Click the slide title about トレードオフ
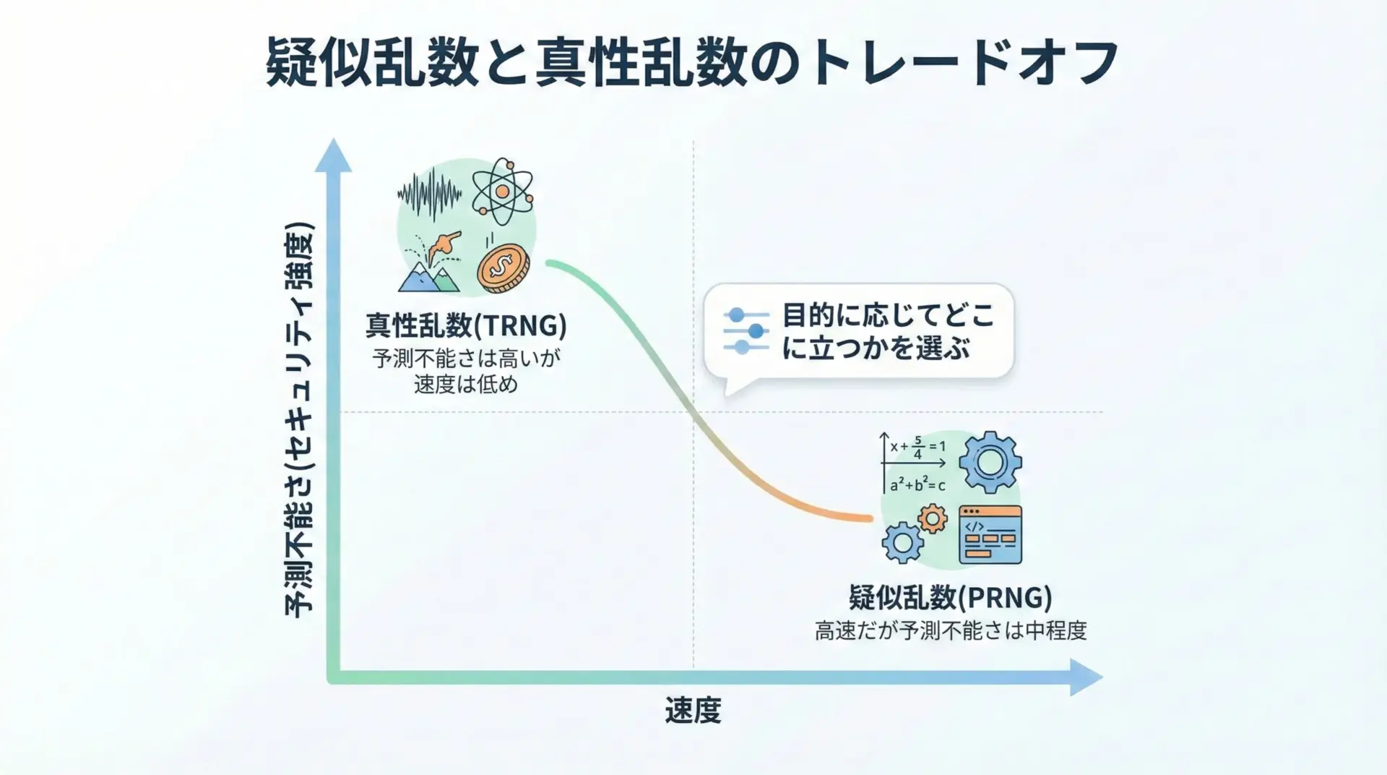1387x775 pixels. (692, 64)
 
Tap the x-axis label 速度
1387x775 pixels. (693, 711)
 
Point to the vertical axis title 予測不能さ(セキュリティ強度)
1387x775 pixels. (298, 419)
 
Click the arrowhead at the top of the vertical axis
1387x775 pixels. (333, 155)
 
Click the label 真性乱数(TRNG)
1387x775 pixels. (466, 326)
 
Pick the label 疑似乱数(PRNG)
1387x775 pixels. (950, 598)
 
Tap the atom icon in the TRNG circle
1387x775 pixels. (502, 191)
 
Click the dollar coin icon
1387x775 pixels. (503, 267)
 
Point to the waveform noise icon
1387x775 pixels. (430, 193)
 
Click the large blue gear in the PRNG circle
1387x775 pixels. (990, 462)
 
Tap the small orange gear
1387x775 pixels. (933, 518)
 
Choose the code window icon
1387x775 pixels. (990, 535)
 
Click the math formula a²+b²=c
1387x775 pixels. (917, 484)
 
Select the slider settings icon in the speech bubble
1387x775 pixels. (746, 331)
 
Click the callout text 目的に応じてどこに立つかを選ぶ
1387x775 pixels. (888, 332)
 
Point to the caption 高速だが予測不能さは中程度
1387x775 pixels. (950, 631)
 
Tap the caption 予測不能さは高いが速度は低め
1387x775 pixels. (466, 371)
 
